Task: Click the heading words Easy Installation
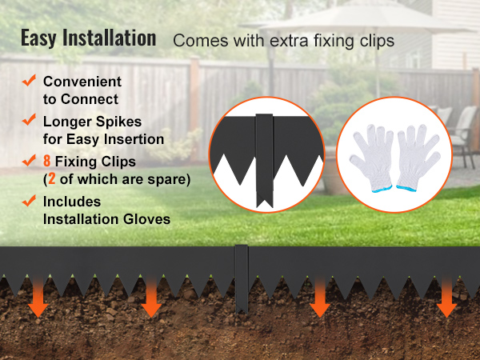[x=89, y=38]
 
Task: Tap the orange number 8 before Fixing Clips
[x=47, y=161]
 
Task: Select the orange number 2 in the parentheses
[x=52, y=179]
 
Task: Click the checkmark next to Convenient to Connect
[x=29, y=80]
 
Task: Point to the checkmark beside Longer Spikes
[x=29, y=119]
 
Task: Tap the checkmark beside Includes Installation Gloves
[x=29, y=201]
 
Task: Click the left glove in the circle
[x=372, y=158]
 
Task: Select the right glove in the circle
[x=418, y=158]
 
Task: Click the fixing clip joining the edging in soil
[x=242, y=279]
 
